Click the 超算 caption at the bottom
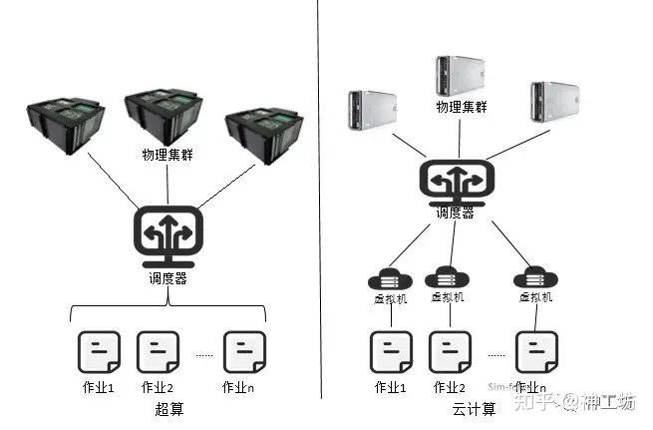coord(169,409)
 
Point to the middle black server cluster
coord(163,118)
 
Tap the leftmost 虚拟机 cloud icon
coord(389,278)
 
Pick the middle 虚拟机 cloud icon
coord(447,277)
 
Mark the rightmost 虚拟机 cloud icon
coord(535,277)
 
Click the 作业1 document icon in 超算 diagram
coord(99,351)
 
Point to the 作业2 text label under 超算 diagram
coord(158,387)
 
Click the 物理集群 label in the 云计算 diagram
coord(460,107)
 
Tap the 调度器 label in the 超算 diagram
coord(167,278)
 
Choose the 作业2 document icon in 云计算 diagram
coord(450,351)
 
